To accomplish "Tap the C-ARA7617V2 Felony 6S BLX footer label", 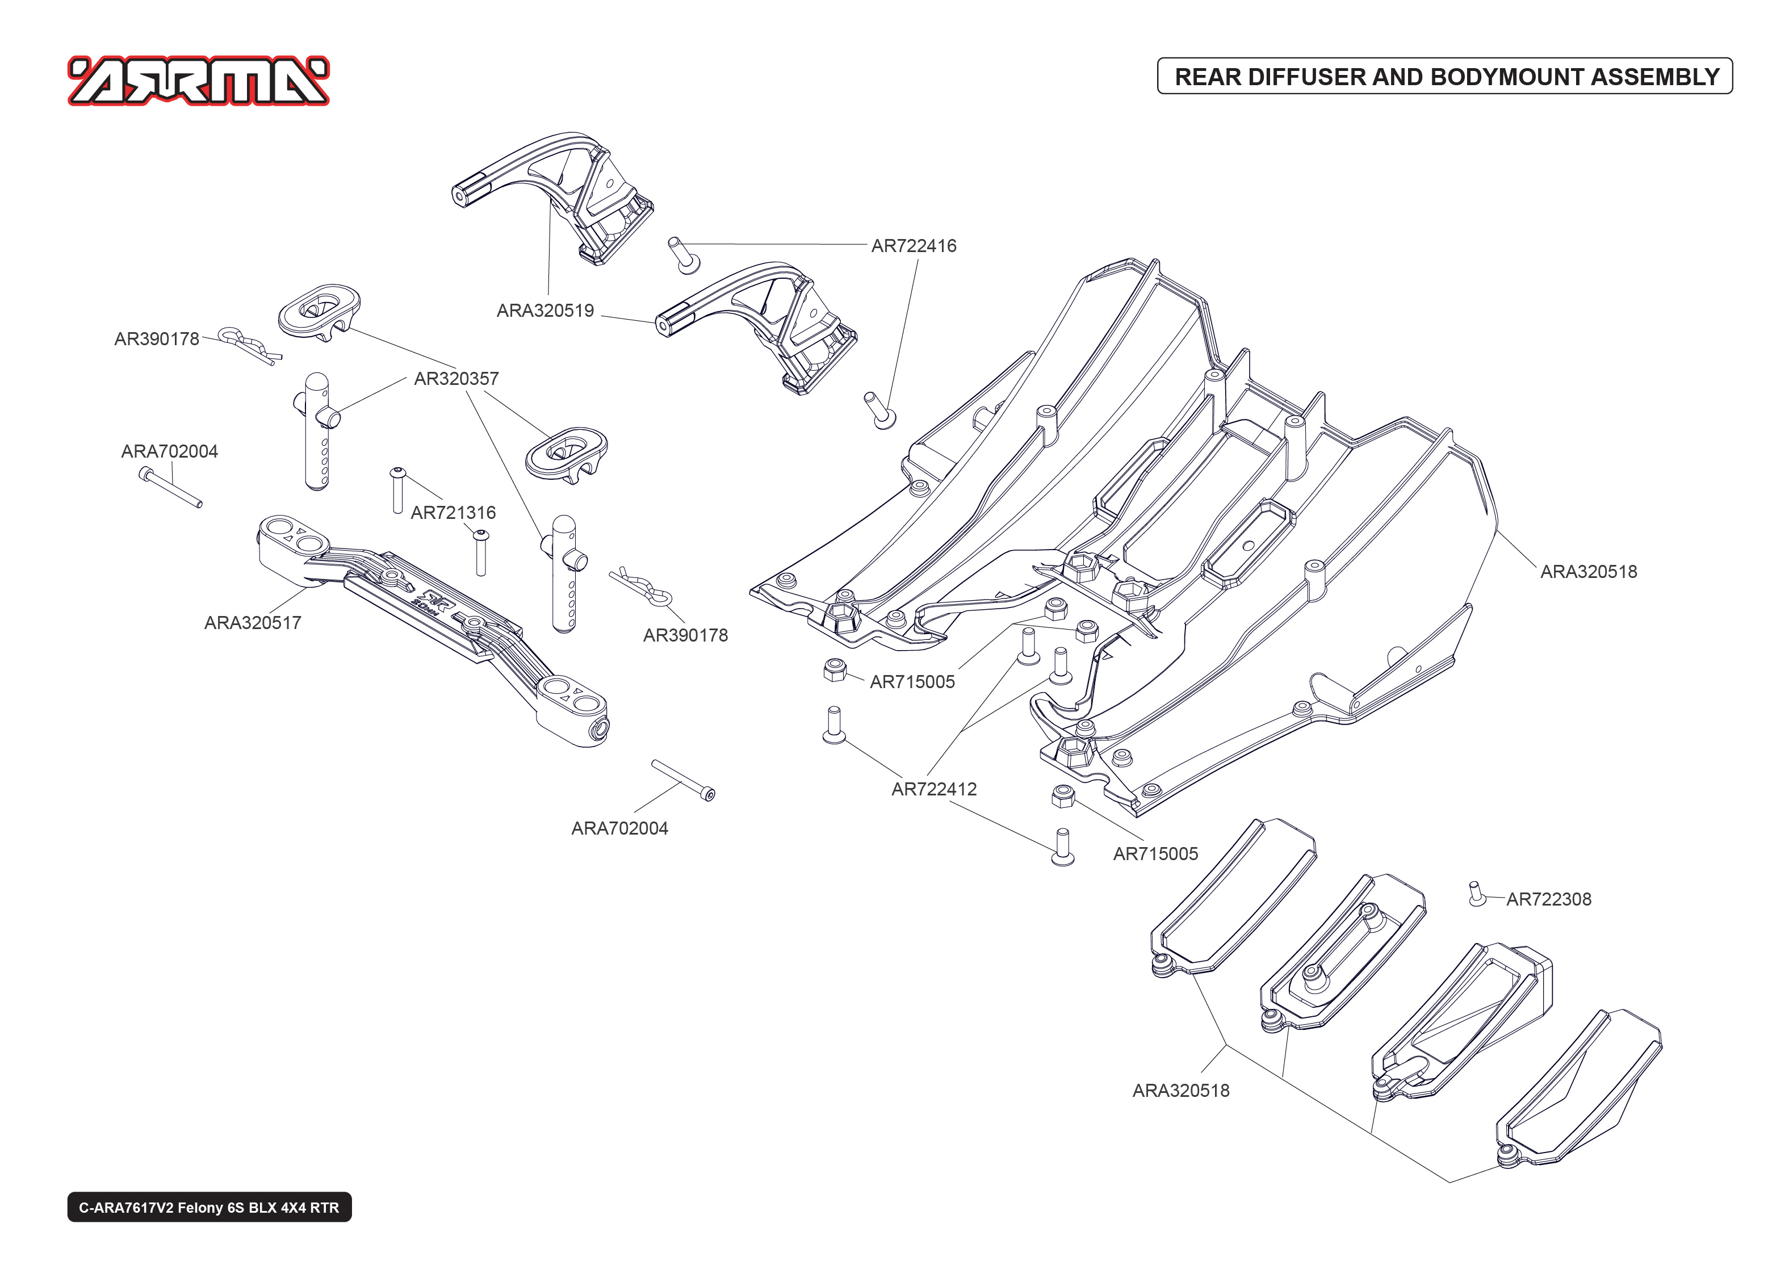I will [210, 1207].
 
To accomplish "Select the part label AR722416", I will [914, 245].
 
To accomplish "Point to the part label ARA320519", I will [545, 311].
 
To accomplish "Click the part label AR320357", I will [456, 379].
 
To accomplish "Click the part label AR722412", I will [934, 789].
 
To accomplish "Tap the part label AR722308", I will [1548, 899].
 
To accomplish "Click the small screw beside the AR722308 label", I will [1477, 894].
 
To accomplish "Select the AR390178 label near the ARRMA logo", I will [157, 339].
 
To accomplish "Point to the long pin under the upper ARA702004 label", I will [171, 487].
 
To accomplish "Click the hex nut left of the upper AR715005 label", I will [834, 671].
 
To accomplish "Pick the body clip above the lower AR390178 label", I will [641, 586].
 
